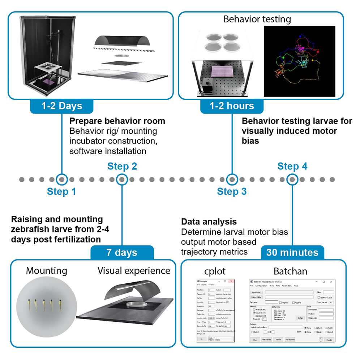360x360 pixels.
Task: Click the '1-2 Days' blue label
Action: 62,106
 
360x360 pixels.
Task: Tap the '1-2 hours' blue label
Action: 232,106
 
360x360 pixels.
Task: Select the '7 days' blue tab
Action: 122,253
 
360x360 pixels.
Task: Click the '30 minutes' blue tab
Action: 292,253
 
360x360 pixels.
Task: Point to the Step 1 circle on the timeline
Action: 62,179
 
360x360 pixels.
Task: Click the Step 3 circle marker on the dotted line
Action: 232,179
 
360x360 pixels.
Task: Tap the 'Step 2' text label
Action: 122,167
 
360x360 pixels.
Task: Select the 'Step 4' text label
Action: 292,167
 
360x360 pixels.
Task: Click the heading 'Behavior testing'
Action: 257,19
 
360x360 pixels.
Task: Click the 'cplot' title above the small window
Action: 215,271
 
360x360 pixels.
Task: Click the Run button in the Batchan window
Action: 254,340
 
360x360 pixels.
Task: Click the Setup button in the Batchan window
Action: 300,318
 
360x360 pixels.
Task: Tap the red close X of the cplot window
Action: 232,281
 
